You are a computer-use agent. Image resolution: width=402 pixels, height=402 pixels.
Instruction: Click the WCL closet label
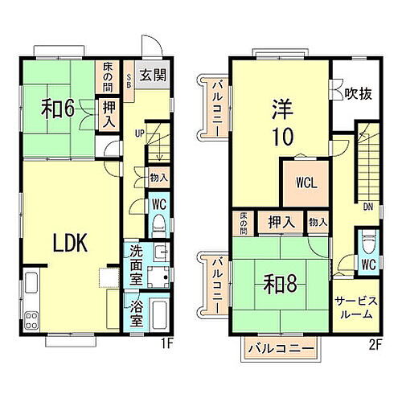[x=305, y=183]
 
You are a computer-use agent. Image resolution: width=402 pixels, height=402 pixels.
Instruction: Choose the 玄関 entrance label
[x=152, y=76]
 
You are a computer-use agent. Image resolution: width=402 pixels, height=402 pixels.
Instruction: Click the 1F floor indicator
[x=166, y=346]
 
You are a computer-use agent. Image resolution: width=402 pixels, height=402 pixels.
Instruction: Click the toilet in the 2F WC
[x=367, y=239]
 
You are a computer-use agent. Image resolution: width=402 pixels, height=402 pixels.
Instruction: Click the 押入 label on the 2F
[x=281, y=220]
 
